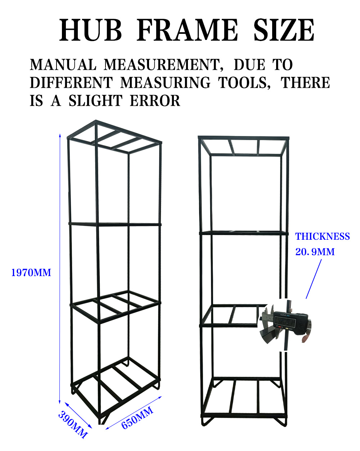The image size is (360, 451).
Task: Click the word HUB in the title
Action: click(x=90, y=30)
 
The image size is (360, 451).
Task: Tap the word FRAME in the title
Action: click(x=187, y=30)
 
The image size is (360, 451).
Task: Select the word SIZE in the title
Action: click(x=284, y=30)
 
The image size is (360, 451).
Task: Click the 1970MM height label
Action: click(x=31, y=273)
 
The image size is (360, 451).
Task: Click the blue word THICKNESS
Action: click(x=323, y=236)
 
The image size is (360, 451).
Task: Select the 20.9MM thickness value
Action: click(x=315, y=252)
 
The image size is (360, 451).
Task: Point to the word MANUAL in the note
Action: click(x=63, y=65)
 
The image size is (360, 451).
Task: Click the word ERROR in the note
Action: click(x=155, y=101)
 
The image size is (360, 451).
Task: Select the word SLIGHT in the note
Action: click(x=95, y=101)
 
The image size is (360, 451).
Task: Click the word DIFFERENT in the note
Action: click(x=71, y=83)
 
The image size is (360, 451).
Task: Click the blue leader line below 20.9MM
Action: click(x=314, y=279)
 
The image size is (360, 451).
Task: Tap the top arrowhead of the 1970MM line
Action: click(x=60, y=135)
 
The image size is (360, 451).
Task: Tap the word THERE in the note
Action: click(x=305, y=83)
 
